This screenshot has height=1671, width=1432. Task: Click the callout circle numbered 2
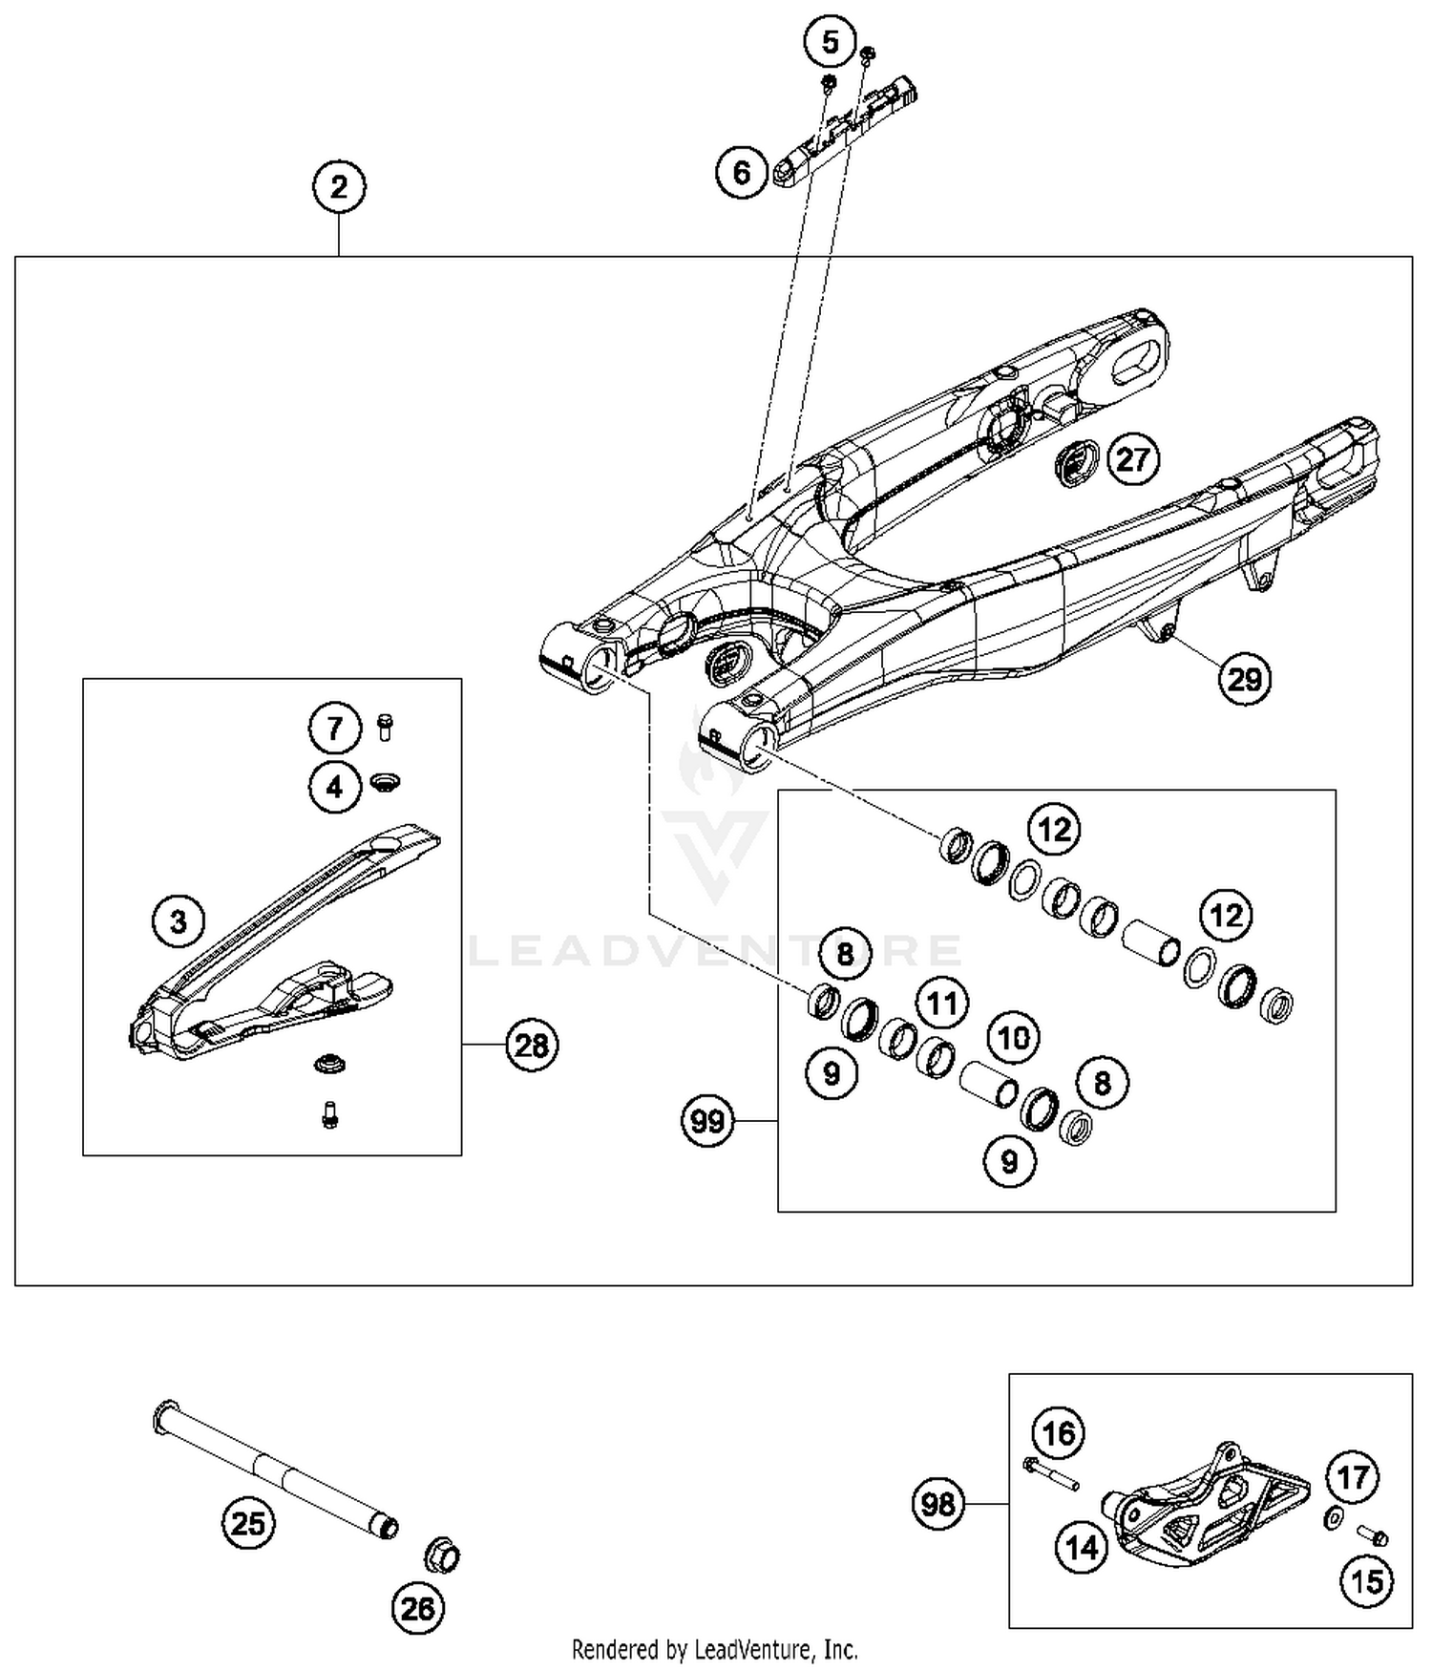pyautogui.click(x=339, y=186)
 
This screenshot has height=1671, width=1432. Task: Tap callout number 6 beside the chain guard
pyautogui.click(x=742, y=173)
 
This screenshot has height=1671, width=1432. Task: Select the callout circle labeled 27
pyautogui.click(x=1132, y=459)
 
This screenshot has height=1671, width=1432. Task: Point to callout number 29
pyautogui.click(x=1244, y=679)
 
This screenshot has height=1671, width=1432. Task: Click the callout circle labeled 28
pyautogui.click(x=531, y=1046)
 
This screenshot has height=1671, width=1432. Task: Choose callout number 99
pyautogui.click(x=707, y=1120)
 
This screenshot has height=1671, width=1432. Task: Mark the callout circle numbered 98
pyautogui.click(x=938, y=1504)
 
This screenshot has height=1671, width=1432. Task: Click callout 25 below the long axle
pyautogui.click(x=248, y=1522)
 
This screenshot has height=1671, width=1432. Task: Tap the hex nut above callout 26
pyautogui.click(x=442, y=1555)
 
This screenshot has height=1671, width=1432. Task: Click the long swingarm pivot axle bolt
pyautogui.click(x=277, y=1471)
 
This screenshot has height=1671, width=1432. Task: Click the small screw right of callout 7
pyautogui.click(x=386, y=728)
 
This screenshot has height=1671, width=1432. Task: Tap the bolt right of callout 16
pyautogui.click(x=1050, y=1473)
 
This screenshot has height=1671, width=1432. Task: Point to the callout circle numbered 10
pyautogui.click(x=1013, y=1037)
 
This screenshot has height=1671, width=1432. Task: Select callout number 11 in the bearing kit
pyautogui.click(x=942, y=1003)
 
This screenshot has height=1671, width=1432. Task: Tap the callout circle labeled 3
pyautogui.click(x=179, y=921)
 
